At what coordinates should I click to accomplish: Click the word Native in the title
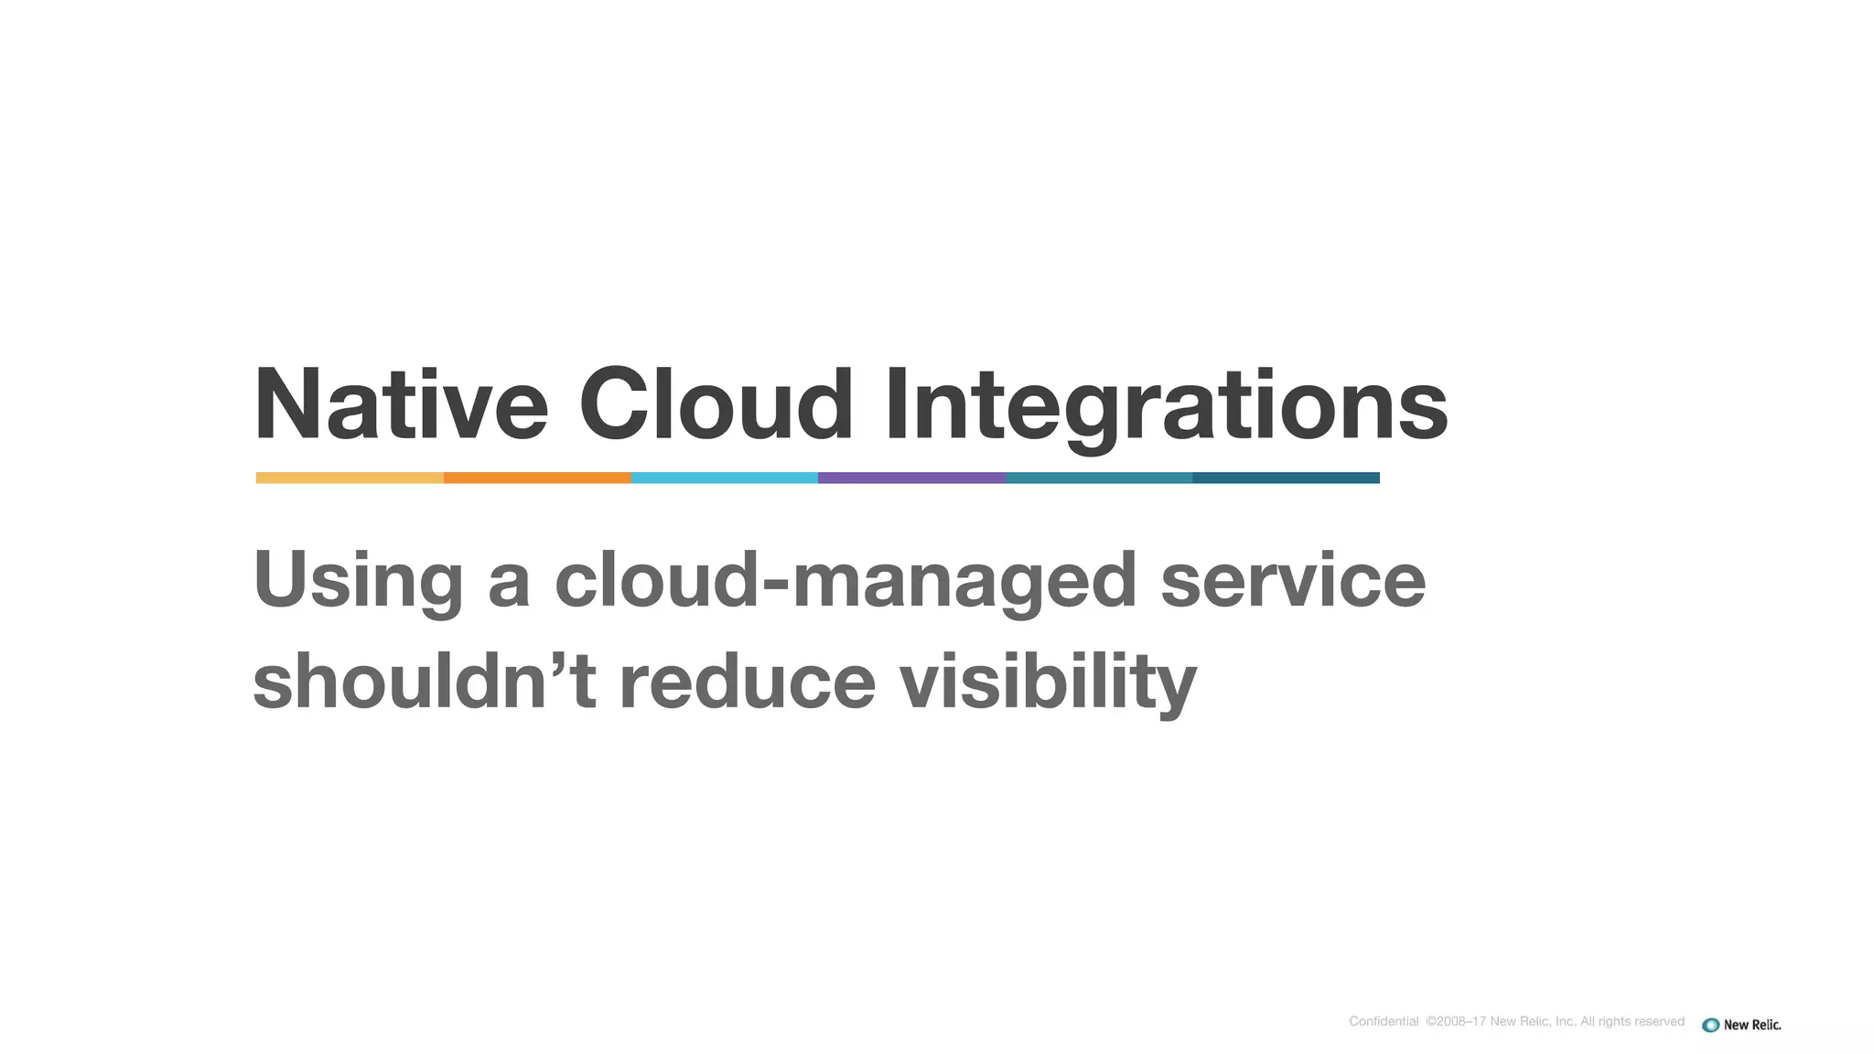tap(400, 404)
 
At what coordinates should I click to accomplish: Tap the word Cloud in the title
tap(716, 404)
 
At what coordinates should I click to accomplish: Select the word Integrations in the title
tap(1166, 404)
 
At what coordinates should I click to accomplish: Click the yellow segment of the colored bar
tap(350, 478)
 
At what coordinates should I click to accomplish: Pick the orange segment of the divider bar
tap(537, 478)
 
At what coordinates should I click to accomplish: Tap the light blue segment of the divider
tap(724, 478)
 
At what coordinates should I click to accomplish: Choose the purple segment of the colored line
tap(911, 478)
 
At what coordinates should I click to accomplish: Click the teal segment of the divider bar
tap(1098, 478)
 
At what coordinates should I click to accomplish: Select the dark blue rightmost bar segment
tap(1286, 478)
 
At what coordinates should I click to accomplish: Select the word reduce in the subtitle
tap(748, 682)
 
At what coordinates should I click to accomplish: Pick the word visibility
tap(1048, 682)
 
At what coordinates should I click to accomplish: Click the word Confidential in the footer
tap(1384, 1021)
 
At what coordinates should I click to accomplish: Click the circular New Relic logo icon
tap(1710, 1025)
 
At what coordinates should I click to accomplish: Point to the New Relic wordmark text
tap(1752, 1025)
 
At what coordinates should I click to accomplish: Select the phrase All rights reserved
tap(1632, 1021)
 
